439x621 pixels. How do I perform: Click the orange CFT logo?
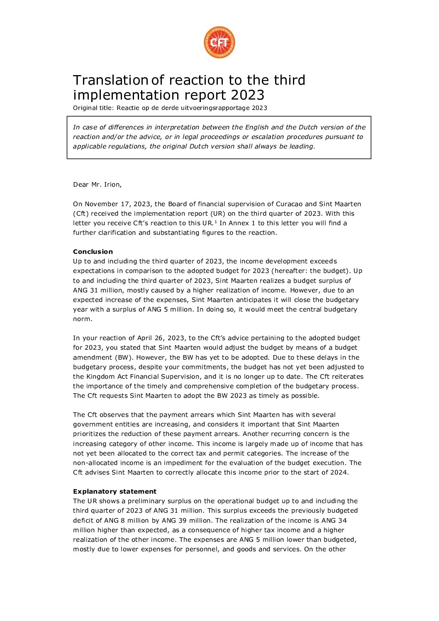pyautogui.click(x=219, y=42)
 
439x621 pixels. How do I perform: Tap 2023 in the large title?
pyautogui.click(x=248, y=95)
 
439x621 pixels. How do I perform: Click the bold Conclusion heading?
pyautogui.click(x=93, y=252)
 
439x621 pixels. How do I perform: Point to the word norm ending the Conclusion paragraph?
pyautogui.click(x=82, y=319)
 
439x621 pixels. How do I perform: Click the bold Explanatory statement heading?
pyautogui.click(x=115, y=492)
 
